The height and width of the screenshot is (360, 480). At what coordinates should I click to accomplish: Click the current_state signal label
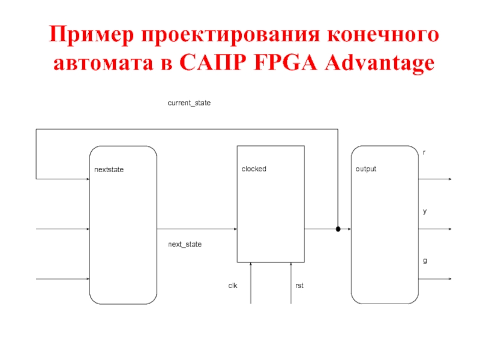[x=189, y=103]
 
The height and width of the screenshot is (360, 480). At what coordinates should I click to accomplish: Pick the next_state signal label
[x=185, y=245]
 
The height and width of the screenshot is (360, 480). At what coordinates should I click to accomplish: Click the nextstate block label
[x=109, y=170]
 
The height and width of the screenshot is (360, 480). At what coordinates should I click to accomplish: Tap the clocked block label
[x=254, y=169]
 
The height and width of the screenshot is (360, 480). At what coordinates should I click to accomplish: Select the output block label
[x=366, y=169]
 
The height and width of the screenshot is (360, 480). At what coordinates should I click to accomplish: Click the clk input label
[x=233, y=286]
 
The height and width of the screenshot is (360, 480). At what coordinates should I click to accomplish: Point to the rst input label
[x=299, y=286]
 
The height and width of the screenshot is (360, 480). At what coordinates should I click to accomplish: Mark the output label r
[x=425, y=153]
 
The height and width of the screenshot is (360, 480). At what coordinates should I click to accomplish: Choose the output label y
[x=425, y=212]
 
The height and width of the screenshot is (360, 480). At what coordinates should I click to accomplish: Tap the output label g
[x=425, y=262]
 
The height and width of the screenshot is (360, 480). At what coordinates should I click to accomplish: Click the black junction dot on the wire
[x=338, y=229]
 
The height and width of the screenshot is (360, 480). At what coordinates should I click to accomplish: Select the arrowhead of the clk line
[x=251, y=265]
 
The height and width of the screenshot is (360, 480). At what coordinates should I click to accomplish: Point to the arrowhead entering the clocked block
[x=235, y=229]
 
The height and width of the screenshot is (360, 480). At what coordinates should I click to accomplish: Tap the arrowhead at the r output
[x=449, y=179]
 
